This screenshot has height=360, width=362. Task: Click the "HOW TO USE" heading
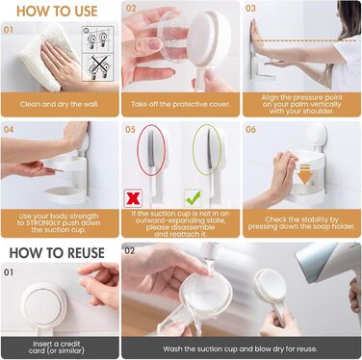tap(57, 11)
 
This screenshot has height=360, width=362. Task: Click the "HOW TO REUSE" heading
tap(57, 253)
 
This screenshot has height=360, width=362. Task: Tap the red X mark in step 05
tap(133, 198)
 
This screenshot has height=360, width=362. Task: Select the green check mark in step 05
tap(193, 198)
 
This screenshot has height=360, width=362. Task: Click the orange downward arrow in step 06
tap(305, 173)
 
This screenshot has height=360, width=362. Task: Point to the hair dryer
tap(327, 267)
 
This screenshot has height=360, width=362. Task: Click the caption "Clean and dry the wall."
tap(60, 104)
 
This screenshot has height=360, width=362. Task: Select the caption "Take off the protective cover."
tap(180, 104)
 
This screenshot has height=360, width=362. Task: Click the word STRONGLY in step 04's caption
tap(42, 223)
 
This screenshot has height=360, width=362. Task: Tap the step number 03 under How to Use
tap(250, 9)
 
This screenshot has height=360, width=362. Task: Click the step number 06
tap(250, 130)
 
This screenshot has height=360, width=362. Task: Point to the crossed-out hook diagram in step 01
tap(97, 67)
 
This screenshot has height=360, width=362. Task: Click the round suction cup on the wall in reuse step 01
tap(43, 305)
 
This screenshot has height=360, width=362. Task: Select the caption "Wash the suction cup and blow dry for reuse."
tap(240, 348)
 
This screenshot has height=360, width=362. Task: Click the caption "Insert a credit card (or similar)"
tap(57, 347)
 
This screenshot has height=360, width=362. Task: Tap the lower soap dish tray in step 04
tap(65, 194)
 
